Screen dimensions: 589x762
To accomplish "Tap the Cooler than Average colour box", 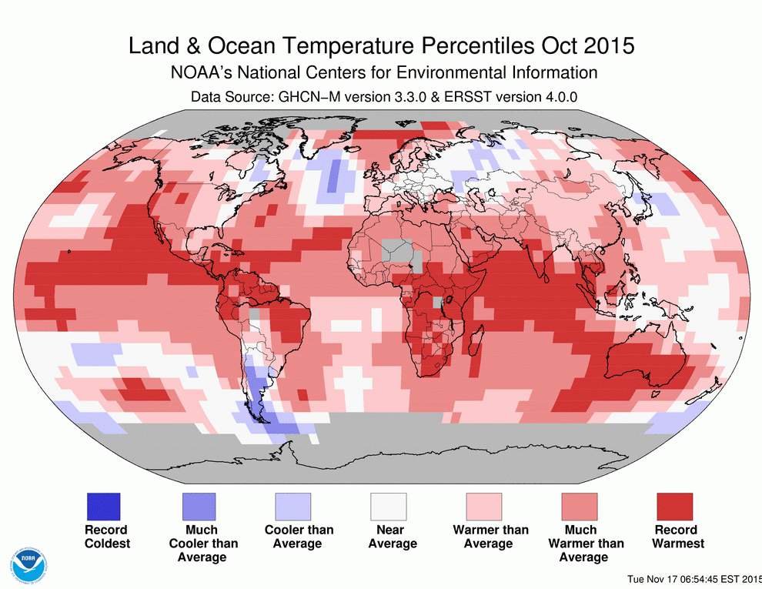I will (293, 507).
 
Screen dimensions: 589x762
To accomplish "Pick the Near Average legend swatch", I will (389, 507).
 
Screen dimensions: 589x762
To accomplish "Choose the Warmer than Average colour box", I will (484, 507).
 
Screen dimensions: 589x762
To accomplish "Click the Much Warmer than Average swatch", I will (580, 507).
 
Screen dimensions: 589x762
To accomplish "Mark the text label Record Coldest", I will (106, 537).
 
